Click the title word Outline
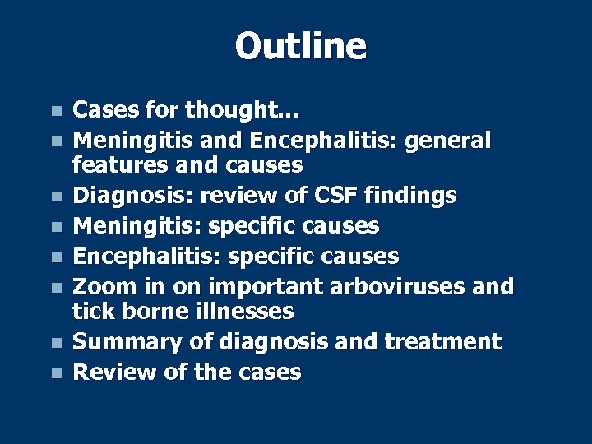pyautogui.click(x=300, y=46)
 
